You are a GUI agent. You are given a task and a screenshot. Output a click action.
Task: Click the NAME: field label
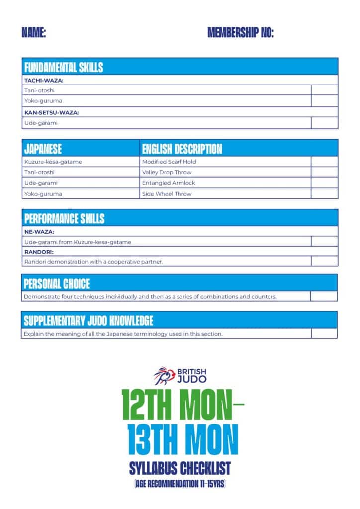click(34, 33)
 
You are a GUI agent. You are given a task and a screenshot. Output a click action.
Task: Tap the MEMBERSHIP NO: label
click(241, 33)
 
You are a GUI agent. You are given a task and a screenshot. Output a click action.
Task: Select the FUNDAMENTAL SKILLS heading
click(64, 67)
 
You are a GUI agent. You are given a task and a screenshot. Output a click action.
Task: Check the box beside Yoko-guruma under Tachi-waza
click(324, 101)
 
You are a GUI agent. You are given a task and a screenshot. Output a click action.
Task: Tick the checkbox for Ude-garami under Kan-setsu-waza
click(324, 123)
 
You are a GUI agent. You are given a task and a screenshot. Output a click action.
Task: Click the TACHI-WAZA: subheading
click(44, 80)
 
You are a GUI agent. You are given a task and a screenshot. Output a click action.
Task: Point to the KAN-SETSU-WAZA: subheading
click(52, 112)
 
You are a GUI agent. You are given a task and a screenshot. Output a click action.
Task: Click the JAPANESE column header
click(43, 149)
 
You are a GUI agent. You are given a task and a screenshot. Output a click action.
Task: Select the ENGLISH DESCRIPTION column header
click(182, 149)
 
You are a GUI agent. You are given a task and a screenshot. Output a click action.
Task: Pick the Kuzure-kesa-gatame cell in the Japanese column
click(53, 162)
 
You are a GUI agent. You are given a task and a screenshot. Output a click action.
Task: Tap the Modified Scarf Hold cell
click(169, 162)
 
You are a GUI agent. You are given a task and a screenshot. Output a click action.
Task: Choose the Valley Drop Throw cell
click(167, 172)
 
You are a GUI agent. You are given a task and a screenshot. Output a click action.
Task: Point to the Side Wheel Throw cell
click(167, 194)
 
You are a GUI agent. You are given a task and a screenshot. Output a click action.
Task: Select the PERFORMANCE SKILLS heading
click(65, 219)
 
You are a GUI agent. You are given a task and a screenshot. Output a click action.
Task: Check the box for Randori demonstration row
click(324, 261)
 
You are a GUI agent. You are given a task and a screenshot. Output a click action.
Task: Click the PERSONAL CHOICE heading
click(57, 284)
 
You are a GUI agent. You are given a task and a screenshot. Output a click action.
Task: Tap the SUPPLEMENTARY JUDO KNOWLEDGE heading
click(89, 321)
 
